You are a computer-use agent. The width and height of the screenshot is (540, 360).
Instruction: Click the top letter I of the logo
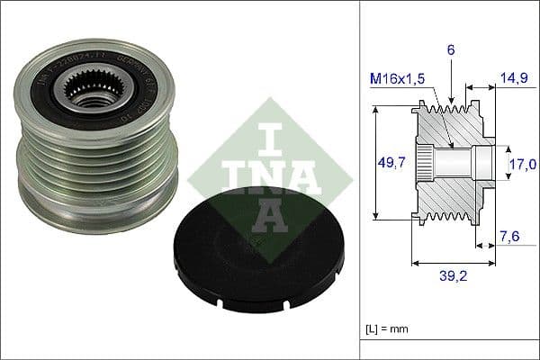(x=256, y=136)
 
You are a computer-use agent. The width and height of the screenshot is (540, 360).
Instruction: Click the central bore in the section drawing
(x=454, y=163)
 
